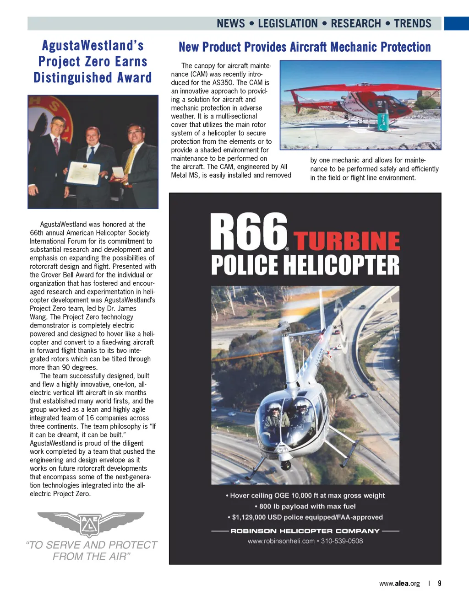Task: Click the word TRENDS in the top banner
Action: (413, 24)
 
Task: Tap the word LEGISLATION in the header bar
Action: (288, 24)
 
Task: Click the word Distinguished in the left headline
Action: (73, 78)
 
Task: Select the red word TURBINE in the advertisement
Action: (347, 241)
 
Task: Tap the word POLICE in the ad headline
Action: (245, 266)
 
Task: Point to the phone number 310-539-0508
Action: (342, 541)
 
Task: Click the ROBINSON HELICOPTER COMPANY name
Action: (305, 531)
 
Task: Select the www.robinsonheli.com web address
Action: (281, 541)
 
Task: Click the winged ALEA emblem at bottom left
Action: (91, 523)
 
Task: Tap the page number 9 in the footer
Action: (440, 584)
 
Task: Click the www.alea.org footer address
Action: (399, 584)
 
